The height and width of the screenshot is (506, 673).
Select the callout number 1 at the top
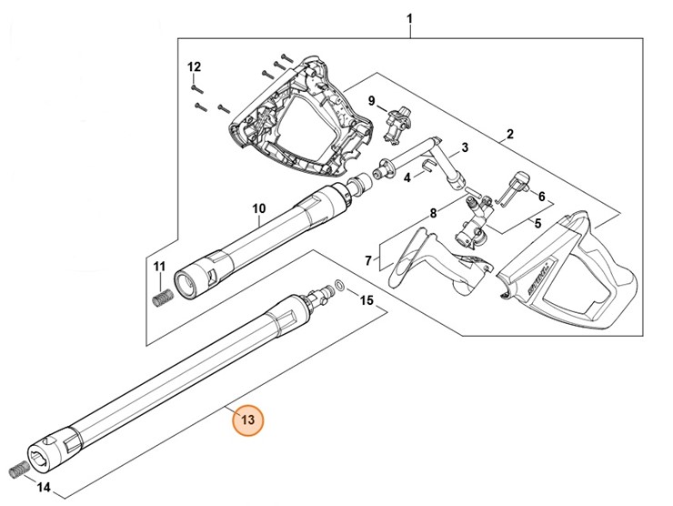tap(409, 18)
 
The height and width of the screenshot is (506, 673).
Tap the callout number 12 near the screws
tap(193, 68)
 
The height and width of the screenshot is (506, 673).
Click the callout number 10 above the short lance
tap(258, 208)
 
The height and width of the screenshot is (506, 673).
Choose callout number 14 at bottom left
tap(44, 487)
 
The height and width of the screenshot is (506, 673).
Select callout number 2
tap(509, 135)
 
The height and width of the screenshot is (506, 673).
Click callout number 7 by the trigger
tap(368, 261)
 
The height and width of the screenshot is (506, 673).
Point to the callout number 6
tap(541, 196)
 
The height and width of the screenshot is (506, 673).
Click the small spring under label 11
tap(162, 298)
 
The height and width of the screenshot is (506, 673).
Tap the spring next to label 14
tap(18, 470)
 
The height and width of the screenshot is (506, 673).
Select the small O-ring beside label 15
tap(338, 285)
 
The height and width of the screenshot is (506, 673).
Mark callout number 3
tap(464, 147)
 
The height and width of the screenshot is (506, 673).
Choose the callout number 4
tap(407, 177)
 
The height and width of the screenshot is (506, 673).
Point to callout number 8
tap(434, 214)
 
